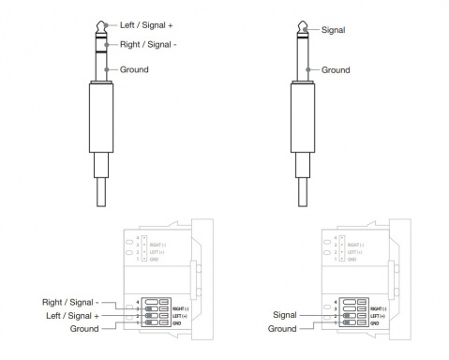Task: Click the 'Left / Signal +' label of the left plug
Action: (146, 23)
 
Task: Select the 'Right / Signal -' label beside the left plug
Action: (149, 44)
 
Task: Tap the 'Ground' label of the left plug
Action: (134, 69)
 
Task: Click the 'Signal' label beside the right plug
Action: (334, 30)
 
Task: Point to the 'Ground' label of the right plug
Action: (336, 69)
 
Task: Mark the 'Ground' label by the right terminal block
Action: (282, 329)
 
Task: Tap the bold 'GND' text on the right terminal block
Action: (377, 322)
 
